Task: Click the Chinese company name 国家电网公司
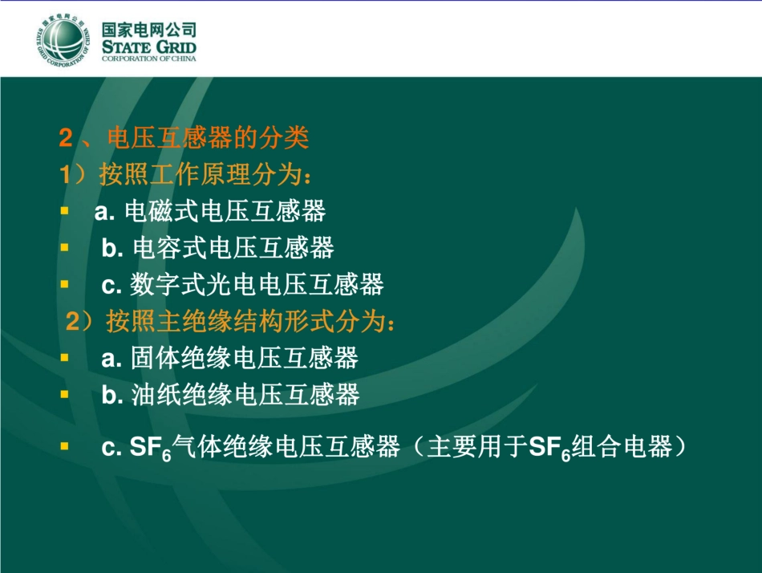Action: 148,30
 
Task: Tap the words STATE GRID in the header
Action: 148,47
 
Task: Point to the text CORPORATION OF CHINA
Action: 148,59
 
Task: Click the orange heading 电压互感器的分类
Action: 207,139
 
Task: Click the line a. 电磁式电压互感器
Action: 210,212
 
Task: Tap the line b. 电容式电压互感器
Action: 217,248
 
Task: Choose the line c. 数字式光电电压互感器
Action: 242,284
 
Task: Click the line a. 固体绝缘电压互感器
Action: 229,358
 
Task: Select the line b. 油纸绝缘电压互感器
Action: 230,394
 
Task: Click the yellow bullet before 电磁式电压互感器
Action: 65,212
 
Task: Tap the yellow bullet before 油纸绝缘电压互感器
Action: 65,394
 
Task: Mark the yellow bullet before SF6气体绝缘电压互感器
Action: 65,446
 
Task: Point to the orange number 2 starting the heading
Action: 66,139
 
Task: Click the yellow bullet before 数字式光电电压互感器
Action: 65,284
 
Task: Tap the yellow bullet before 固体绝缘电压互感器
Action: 65,358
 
